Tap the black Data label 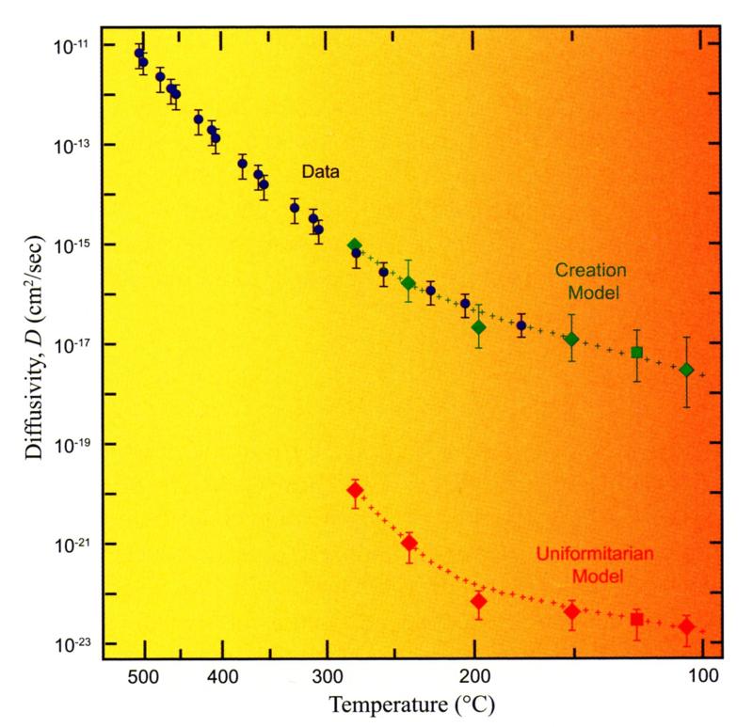320,172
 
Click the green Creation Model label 590,280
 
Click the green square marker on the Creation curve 637,353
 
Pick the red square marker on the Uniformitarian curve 637,619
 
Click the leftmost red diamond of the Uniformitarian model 355,490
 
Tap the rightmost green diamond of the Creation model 687,370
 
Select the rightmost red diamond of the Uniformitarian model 687,626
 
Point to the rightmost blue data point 521,325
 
